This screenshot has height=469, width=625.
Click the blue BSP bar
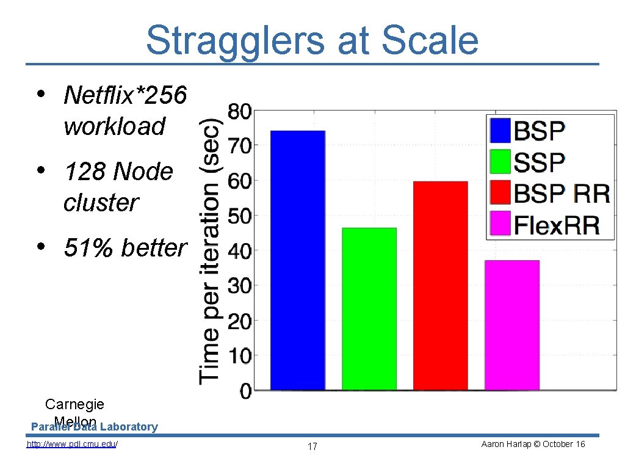[298, 260]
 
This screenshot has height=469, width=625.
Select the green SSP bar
[369, 308]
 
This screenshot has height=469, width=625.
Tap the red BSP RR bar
[440, 285]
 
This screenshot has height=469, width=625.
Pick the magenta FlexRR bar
[511, 325]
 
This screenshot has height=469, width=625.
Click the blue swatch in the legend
[500, 131]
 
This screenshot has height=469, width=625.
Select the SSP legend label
[540, 162]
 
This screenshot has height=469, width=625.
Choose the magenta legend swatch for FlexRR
[500, 224]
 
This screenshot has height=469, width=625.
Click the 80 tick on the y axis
[239, 112]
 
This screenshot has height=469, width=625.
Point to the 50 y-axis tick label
[239, 217]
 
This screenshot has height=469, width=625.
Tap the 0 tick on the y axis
[245, 391]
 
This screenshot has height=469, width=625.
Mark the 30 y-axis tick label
[239, 286]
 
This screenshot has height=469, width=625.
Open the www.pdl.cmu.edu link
[72, 444]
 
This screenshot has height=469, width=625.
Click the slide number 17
[312, 447]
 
